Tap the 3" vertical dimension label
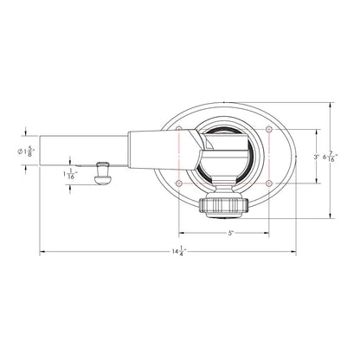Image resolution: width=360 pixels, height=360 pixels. pyautogui.click(x=316, y=157)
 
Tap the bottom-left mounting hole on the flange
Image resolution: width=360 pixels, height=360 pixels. pyautogui.click(x=179, y=183)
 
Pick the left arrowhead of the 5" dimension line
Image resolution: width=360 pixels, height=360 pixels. pyautogui.click(x=181, y=233)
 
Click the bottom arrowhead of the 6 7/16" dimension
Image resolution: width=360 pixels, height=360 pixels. pyautogui.click(x=331, y=213)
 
